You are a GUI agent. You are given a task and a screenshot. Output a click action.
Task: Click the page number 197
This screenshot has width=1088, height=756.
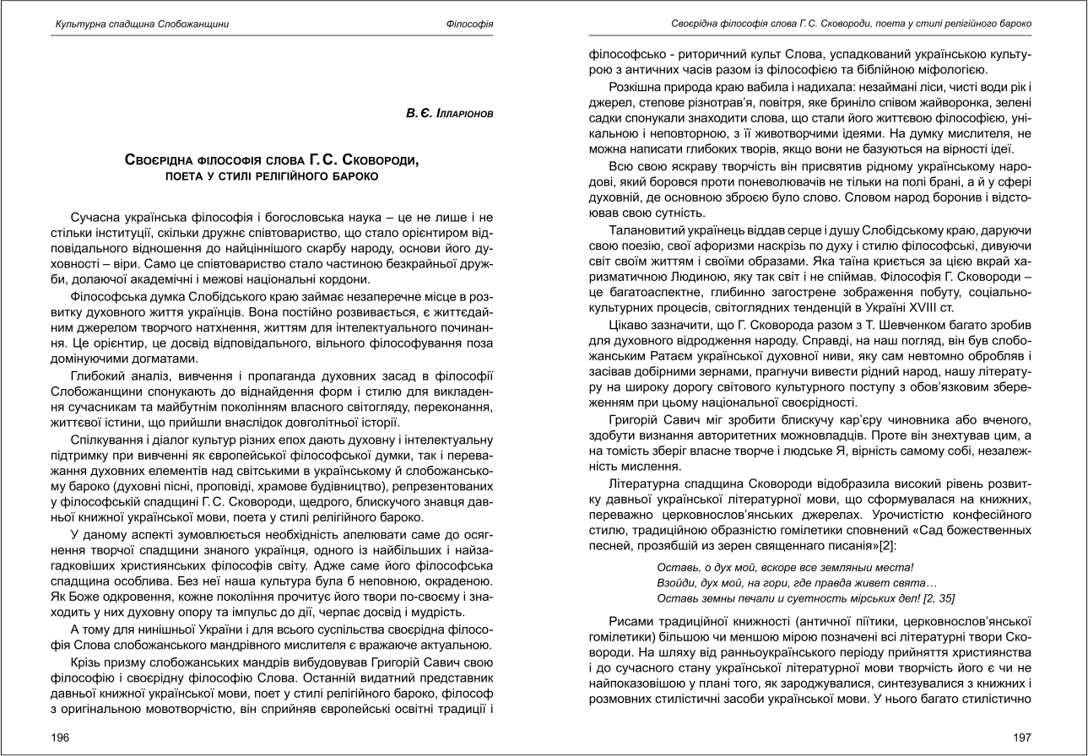pyautogui.click(x=1021, y=737)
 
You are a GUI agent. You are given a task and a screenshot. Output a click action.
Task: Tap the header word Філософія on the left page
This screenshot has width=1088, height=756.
pyautogui.click(x=469, y=24)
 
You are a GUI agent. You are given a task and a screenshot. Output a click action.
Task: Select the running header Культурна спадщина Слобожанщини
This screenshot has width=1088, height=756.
pyautogui.click(x=130, y=24)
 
